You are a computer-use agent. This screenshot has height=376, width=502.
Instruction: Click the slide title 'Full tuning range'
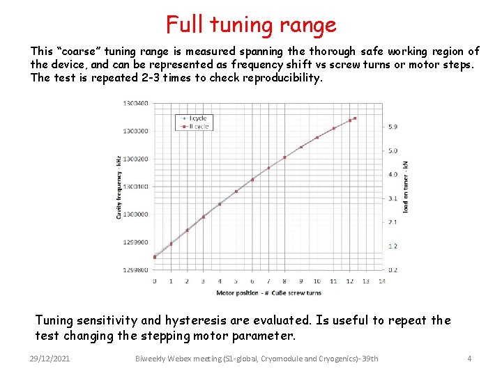click(251, 25)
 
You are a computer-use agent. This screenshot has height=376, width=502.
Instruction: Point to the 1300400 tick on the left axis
click(135, 103)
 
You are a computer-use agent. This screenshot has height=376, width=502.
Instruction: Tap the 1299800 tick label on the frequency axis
click(135, 270)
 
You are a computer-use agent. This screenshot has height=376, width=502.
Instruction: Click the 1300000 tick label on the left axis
click(135, 214)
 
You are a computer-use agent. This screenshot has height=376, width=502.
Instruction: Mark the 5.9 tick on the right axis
click(393, 127)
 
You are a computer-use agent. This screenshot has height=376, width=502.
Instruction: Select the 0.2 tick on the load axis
click(393, 269)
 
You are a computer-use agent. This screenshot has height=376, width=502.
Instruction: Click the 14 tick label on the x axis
click(382, 281)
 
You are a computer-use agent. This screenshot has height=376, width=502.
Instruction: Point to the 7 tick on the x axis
click(268, 281)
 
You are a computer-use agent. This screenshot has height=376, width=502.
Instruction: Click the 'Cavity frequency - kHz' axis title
click(119, 187)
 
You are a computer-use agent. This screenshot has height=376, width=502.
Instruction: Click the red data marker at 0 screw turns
click(155, 257)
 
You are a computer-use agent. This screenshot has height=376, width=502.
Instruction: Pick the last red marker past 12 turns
click(355, 118)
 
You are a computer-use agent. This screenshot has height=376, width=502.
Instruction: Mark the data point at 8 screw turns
click(284, 157)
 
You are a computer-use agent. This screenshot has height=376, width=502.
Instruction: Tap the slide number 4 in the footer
click(469, 359)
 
